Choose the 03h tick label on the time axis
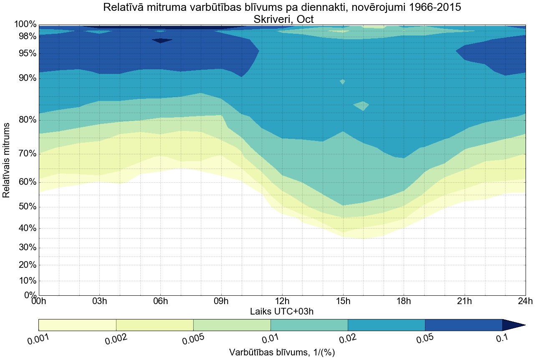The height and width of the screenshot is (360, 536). [x=99, y=301]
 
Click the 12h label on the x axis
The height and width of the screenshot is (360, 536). [x=282, y=301]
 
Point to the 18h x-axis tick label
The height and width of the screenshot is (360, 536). [x=404, y=301]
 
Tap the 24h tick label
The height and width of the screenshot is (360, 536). [x=525, y=301]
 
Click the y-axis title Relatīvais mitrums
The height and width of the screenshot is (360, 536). [x=7, y=160]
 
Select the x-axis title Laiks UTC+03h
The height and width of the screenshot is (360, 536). [x=282, y=311]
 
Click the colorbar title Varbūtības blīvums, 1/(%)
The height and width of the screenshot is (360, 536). [x=282, y=352]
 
